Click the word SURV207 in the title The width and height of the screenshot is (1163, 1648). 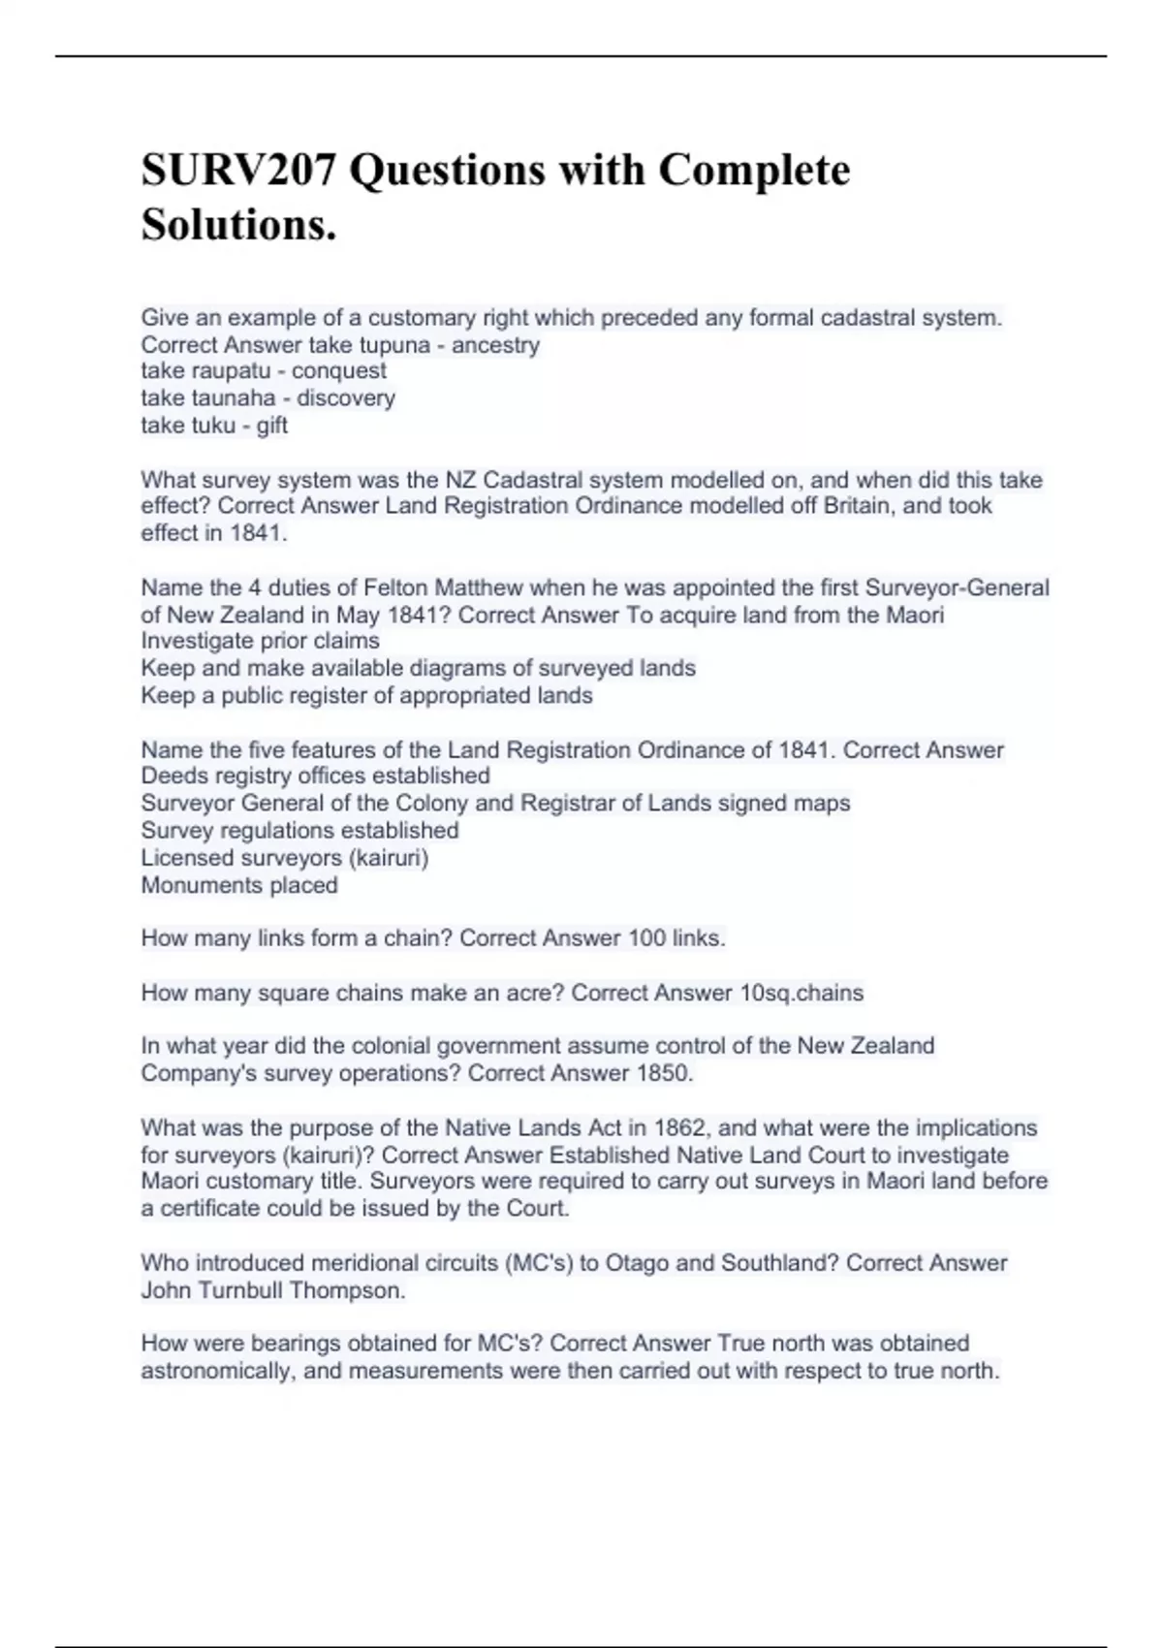click(238, 171)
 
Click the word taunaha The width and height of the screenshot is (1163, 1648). click(235, 398)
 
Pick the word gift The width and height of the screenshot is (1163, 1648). click(272, 426)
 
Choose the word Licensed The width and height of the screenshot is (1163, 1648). click(185, 858)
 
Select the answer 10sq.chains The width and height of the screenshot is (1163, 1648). click(801, 994)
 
